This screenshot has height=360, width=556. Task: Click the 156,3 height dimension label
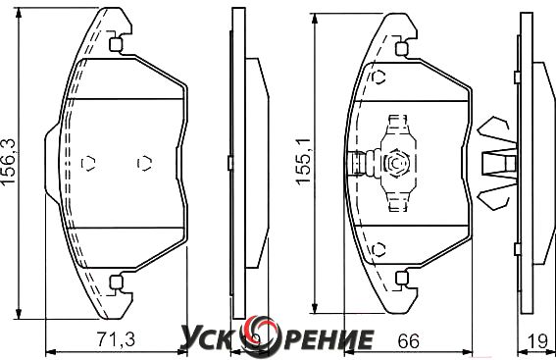(x=9, y=162)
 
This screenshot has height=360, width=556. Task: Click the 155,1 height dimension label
(x=304, y=161)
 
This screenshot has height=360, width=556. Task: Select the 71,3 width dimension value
(x=117, y=339)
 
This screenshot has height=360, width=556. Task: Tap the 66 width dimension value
(x=409, y=341)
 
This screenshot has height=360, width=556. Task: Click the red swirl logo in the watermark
(x=259, y=335)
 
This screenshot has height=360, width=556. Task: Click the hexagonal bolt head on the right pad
(x=396, y=163)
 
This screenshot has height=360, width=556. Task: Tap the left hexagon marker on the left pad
(x=88, y=163)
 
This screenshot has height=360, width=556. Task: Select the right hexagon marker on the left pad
(x=145, y=163)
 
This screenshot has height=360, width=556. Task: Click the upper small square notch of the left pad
(x=116, y=45)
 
